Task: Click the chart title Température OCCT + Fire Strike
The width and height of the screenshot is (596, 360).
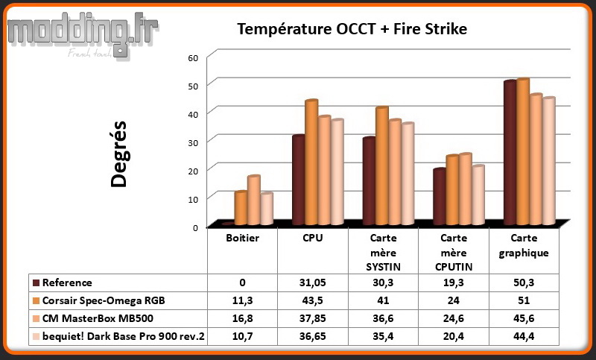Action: pos(352,29)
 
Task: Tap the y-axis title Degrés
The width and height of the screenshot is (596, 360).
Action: pos(118,154)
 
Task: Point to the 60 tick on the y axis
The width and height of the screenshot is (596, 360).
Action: pos(193,58)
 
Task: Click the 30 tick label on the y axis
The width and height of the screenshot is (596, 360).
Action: pos(193,142)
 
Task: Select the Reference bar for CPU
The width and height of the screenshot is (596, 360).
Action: pos(299,180)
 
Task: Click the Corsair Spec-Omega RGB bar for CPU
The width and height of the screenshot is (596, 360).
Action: pos(311,162)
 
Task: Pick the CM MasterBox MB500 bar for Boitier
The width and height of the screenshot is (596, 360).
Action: pos(253,200)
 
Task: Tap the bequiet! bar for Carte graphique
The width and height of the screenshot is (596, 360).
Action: pos(549,160)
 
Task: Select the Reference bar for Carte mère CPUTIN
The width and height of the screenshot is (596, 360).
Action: pos(440,196)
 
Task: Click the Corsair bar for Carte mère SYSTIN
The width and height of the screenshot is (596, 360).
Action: pos(382,165)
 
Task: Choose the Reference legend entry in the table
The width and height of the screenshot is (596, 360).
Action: pos(63,282)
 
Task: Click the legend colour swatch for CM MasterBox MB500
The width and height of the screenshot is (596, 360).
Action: pos(36,318)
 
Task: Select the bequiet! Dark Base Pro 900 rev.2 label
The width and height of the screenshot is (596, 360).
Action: pos(123,336)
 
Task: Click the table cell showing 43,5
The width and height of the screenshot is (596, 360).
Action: pos(312,300)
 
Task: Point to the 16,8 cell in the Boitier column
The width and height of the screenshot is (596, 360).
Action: pos(243,318)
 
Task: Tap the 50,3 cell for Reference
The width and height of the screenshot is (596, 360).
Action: pos(524,282)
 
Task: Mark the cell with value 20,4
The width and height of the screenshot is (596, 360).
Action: pos(454,336)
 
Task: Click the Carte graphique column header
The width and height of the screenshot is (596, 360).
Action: pos(524,245)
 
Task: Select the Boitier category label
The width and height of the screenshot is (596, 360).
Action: pos(243,238)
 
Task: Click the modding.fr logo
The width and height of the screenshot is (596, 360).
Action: pos(83,35)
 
